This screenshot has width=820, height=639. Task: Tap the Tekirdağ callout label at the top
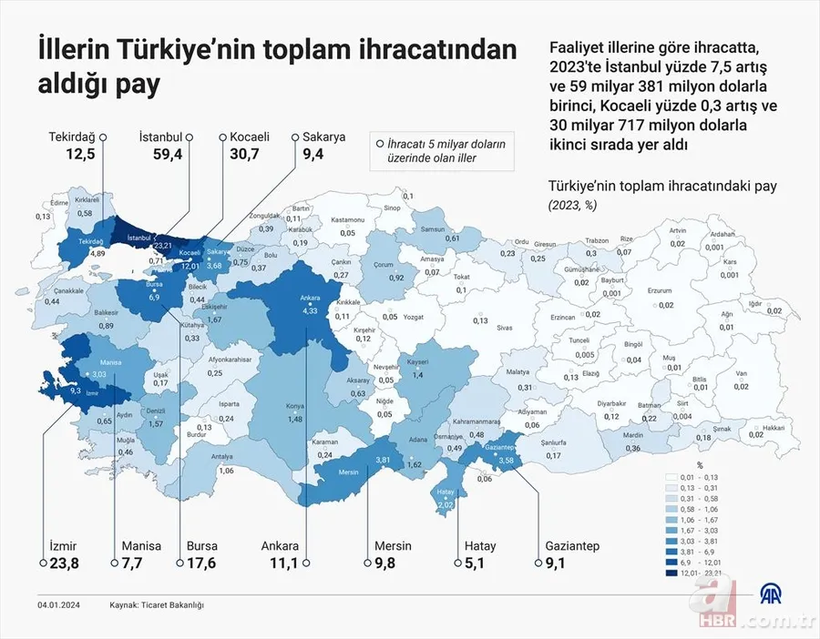[72, 137]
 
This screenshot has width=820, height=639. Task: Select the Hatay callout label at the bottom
[480, 546]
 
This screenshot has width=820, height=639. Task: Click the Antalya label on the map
[222, 457]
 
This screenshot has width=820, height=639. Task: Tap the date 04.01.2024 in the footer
[61, 604]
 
